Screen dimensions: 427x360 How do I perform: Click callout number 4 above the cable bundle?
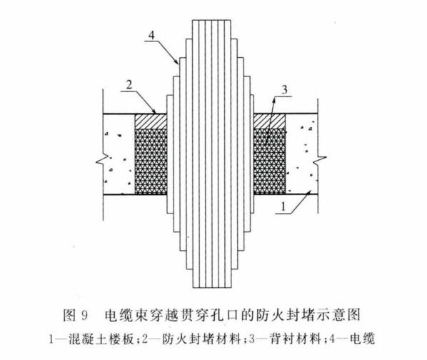(x=151, y=35)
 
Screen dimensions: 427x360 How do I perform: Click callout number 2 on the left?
(x=129, y=85)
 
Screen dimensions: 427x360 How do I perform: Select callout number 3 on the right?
(x=284, y=89)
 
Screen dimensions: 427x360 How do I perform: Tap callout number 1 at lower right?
(x=283, y=206)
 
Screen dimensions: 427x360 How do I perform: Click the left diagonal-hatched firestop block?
(x=151, y=121)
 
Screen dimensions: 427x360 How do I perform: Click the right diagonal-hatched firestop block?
(x=270, y=121)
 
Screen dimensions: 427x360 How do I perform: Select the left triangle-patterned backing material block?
(x=151, y=161)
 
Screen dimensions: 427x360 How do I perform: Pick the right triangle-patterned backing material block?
(x=270, y=161)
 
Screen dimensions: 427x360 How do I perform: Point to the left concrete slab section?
(x=119, y=154)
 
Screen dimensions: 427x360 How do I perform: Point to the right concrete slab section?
(x=302, y=154)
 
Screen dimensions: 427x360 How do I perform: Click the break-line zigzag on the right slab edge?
(x=319, y=161)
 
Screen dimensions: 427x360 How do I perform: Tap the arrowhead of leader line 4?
(x=178, y=63)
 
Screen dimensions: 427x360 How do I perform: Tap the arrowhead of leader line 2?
(x=155, y=112)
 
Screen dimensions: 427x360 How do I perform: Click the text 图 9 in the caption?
(x=76, y=316)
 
